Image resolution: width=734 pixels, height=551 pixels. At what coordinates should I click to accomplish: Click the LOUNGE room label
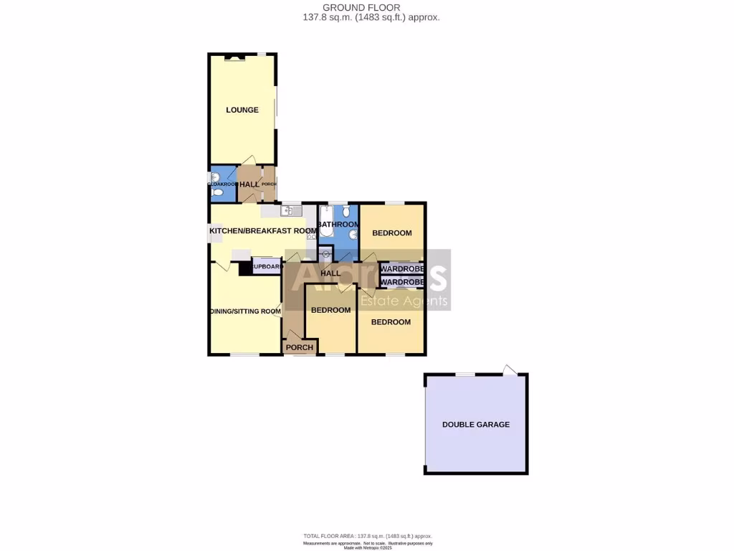coord(242,110)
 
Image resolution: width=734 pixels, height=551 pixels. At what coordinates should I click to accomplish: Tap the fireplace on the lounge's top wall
coord(234,57)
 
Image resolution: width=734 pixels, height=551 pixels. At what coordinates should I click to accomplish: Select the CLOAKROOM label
coord(221,184)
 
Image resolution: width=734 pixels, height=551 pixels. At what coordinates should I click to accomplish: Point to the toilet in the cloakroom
coord(211,176)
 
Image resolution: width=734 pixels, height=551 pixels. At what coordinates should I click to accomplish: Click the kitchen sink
coord(290,210)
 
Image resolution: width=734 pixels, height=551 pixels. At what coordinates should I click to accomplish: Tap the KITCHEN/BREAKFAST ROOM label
coord(262,230)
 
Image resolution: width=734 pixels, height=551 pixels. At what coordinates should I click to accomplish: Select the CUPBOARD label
coord(266,267)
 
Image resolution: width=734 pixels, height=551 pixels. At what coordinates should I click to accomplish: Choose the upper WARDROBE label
coord(403,269)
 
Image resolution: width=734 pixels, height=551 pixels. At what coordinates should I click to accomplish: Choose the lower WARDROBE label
coord(403,282)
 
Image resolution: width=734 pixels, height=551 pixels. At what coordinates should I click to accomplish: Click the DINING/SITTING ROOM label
coord(244,311)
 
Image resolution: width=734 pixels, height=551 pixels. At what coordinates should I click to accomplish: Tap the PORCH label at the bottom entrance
coord(300,347)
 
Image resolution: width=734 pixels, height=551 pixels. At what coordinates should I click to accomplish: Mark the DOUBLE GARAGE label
coord(476,424)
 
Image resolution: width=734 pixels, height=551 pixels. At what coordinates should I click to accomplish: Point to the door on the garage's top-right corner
coord(509,370)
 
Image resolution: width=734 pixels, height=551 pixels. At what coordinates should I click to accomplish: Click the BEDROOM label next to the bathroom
coord(392,232)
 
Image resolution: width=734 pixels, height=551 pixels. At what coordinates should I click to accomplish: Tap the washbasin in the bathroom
coord(353,236)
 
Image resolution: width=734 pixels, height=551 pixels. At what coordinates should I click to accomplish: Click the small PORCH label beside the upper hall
coord(269,184)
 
